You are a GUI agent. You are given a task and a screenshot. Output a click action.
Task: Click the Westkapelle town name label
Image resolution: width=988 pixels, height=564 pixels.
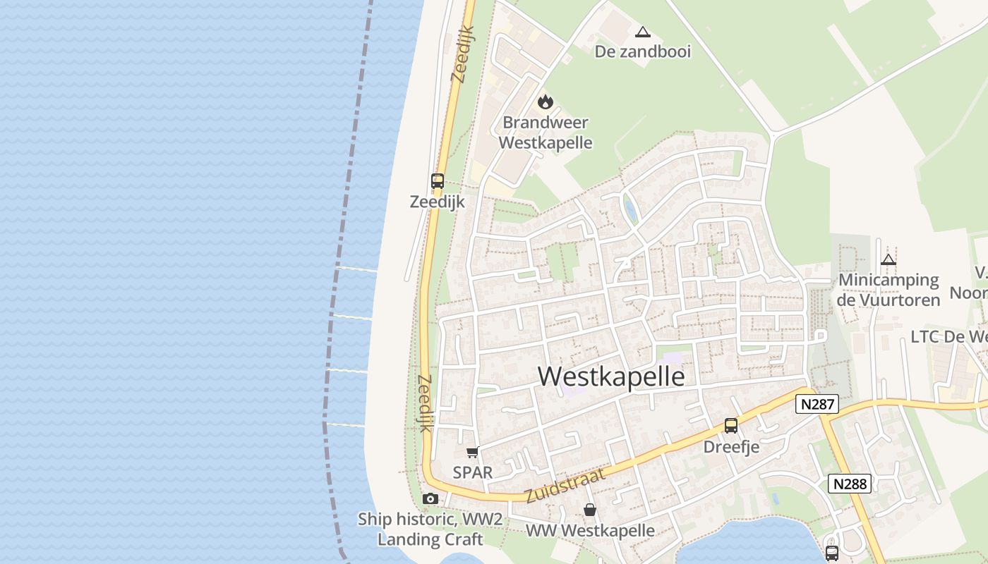[611, 376]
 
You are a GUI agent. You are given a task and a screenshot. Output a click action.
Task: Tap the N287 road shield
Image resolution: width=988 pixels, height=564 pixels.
[817, 404]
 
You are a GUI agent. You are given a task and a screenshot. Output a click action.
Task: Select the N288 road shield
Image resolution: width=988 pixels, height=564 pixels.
[849, 484]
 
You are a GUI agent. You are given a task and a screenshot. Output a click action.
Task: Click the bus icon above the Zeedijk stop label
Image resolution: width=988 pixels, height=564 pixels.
[438, 181]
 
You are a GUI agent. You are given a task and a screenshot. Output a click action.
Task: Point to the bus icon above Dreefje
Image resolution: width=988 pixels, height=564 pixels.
[731, 426]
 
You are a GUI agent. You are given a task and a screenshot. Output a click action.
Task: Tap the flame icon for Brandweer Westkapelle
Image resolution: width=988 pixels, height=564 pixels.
[545, 102]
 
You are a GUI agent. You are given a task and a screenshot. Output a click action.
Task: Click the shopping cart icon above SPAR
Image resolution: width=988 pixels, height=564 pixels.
[472, 452]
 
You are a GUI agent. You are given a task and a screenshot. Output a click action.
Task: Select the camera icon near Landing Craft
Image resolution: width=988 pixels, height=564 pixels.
[430, 499]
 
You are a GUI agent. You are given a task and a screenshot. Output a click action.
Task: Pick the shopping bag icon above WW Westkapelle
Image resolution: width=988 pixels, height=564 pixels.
[590, 509]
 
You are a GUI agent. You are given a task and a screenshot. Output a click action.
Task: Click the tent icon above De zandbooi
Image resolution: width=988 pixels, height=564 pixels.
[642, 32]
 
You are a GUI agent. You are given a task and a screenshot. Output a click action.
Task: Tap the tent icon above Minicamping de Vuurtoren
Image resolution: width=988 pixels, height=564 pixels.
[888, 259]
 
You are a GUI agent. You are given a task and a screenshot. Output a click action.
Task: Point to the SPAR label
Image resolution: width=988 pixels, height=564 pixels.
[472, 472]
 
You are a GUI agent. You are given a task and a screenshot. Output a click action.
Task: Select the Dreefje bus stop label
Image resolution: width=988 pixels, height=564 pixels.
[731, 447]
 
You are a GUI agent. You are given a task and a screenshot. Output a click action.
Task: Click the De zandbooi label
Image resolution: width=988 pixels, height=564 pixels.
[642, 51]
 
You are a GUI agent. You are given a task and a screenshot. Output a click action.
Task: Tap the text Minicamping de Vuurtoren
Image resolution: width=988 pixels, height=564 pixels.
[888, 290]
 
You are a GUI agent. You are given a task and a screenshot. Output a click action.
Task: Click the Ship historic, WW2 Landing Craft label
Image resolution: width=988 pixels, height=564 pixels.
[430, 529]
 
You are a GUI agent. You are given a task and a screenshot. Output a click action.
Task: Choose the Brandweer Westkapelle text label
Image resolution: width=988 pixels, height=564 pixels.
[545, 133]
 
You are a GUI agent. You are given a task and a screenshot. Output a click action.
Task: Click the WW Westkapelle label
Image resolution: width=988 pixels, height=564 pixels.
[590, 530]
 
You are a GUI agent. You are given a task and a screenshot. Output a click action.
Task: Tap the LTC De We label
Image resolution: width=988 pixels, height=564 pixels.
[948, 336]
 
